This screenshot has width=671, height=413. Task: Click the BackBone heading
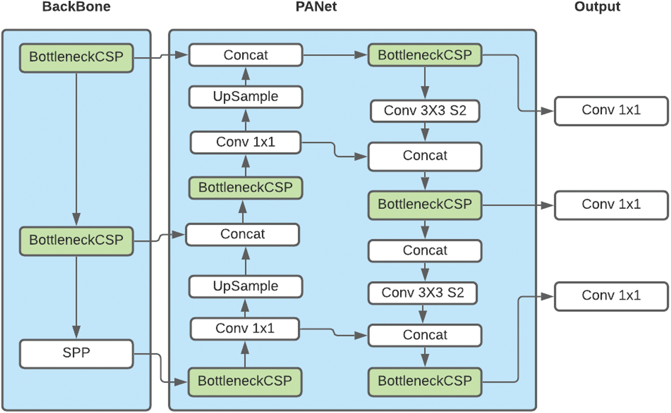click(76, 7)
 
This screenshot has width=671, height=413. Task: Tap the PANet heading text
click(316, 7)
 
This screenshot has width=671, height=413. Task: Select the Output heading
click(597, 7)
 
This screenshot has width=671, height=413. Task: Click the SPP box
click(76, 353)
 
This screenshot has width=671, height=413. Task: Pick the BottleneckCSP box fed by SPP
click(245, 381)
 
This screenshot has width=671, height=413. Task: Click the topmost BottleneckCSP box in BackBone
click(76, 57)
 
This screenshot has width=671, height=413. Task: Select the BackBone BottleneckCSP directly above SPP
click(76, 241)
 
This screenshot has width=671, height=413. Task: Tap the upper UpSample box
click(246, 97)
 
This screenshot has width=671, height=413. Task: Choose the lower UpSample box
click(246, 286)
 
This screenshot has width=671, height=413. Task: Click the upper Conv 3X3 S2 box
click(425, 110)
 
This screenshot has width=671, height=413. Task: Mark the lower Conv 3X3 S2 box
click(423, 293)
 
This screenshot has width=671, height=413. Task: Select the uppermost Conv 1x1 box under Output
click(611, 110)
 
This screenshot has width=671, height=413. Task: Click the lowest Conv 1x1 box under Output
click(611, 296)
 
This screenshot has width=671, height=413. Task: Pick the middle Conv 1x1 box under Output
click(611, 205)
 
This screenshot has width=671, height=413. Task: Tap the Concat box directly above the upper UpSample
click(246, 55)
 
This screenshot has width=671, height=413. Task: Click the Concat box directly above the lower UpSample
click(243, 234)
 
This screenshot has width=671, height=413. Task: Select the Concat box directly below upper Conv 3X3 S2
click(425, 156)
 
